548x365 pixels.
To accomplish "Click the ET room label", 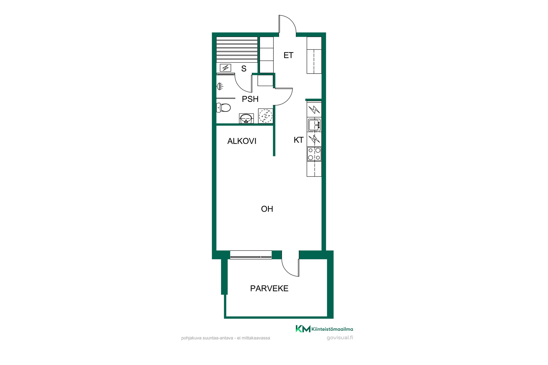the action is point(288,55).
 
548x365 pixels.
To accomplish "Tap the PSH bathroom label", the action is point(250,99).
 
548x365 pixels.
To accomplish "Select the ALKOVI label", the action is point(242,141).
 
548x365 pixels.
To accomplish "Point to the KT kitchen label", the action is point(299,140).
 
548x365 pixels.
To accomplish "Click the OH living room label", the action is point(267,209).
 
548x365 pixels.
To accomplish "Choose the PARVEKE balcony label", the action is point(269,289).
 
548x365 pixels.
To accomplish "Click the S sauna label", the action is point(244,68).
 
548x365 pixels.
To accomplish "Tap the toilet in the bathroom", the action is point(223,108).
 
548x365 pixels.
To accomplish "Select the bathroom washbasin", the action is point(246,118).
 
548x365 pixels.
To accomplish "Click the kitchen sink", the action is point(314,125).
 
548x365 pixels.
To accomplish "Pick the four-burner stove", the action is point(314,154).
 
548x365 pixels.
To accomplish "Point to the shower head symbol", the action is point(220,86).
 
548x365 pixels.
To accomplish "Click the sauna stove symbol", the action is point(225,68).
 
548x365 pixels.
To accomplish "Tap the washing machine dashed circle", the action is point(266,116).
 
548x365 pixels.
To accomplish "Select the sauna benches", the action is point(237,50).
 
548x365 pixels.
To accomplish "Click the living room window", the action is point(251,255).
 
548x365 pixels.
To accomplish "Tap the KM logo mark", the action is point(303,329).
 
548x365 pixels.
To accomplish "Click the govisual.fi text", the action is point(340,338).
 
